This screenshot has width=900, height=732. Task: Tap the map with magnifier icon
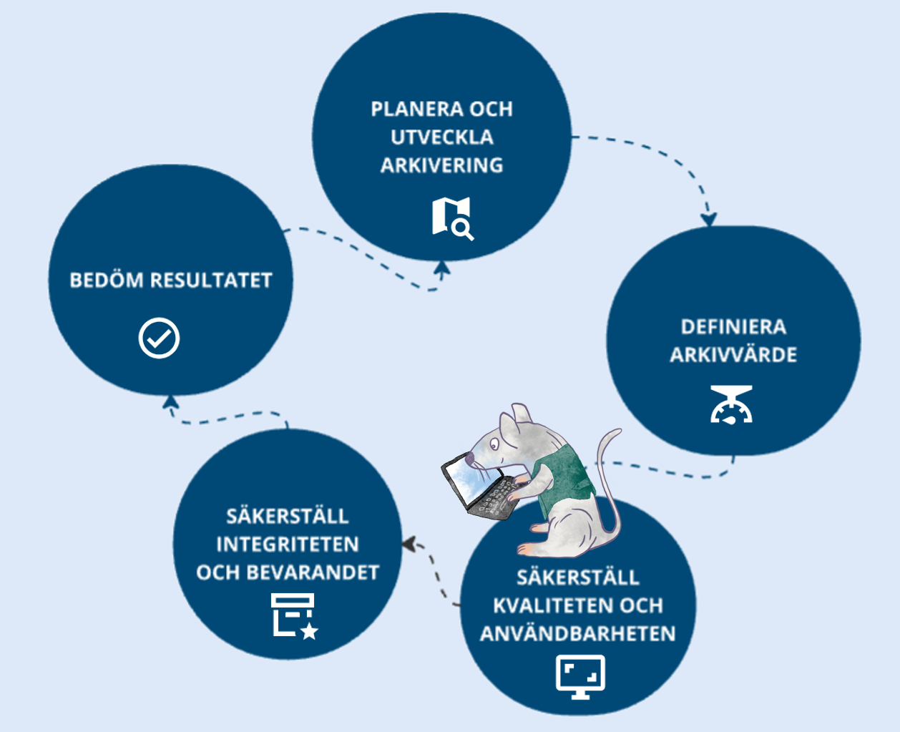tap(452, 218)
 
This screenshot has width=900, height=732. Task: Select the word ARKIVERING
tap(441, 165)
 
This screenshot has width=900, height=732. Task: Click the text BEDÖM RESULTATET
tap(171, 280)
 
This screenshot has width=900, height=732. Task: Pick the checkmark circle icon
tap(159, 338)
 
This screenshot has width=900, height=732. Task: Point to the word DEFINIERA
tap(733, 327)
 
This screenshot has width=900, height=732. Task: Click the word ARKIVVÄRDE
tap(733, 355)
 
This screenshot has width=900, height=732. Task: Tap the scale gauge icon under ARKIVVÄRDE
tap(731, 405)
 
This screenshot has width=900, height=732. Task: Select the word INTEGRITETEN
tap(288, 545)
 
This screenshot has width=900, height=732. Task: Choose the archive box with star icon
tap(293, 615)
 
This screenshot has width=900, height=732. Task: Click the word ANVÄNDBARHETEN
tap(577, 634)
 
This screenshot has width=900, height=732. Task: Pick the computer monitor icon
tap(580, 675)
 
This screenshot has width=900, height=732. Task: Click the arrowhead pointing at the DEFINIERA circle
tap(708, 218)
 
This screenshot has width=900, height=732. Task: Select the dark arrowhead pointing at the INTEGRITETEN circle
tap(409, 545)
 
